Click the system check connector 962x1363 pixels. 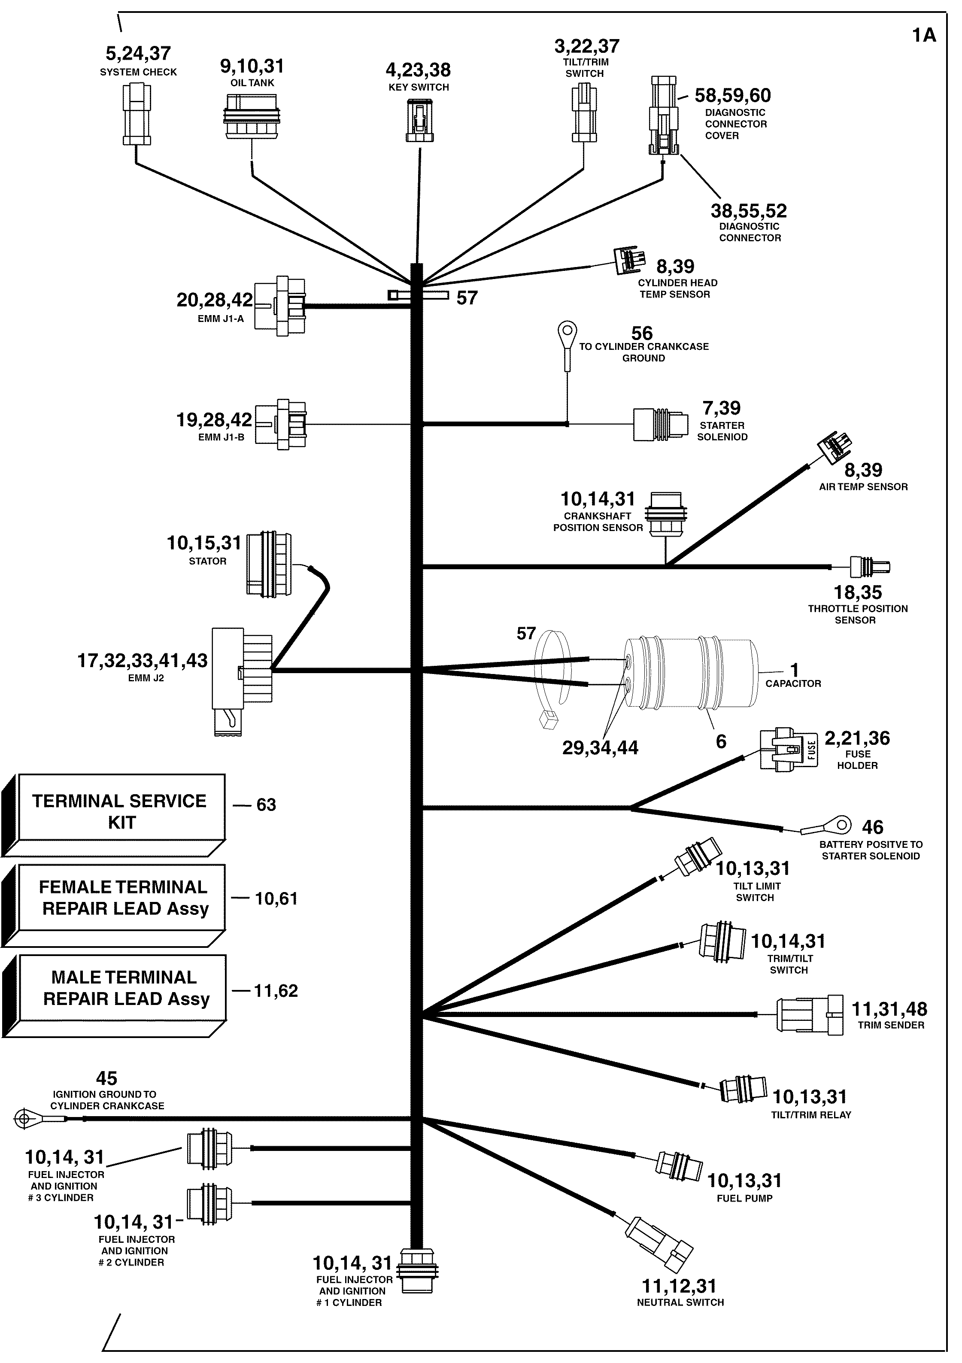coord(137,114)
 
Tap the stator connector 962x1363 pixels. coord(269,564)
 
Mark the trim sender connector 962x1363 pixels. coord(810,1014)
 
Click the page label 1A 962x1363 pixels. coord(923,36)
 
